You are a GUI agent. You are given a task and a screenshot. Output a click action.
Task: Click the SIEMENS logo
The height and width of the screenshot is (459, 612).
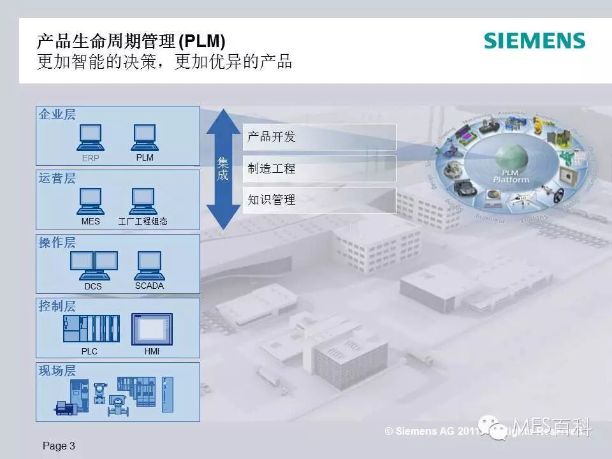tap(534, 41)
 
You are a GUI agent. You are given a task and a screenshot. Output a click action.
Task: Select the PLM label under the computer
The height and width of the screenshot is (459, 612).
tap(145, 157)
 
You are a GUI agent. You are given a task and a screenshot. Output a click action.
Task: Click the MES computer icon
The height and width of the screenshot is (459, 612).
tap(91, 201)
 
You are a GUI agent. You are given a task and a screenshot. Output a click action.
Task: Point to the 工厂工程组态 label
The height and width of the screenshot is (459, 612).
tap(143, 222)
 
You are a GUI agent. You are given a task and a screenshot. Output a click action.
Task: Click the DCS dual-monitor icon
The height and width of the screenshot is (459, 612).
tap(93, 265)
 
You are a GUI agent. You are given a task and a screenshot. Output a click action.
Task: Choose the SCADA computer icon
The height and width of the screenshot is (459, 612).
tap(149, 265)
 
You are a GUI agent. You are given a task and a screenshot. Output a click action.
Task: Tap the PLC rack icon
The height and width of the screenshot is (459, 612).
tap(91, 329)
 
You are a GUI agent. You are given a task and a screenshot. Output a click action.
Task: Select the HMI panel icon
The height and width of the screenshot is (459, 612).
tap(152, 329)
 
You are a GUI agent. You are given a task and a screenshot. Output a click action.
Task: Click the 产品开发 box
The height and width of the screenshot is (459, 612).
tap(319, 137)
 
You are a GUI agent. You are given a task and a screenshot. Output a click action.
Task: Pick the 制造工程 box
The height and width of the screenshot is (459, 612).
tap(319, 169)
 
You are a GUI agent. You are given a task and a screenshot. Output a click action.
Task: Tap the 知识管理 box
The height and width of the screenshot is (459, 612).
tap(319, 200)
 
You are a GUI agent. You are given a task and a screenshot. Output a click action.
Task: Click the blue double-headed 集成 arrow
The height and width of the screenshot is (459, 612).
tap(222, 169)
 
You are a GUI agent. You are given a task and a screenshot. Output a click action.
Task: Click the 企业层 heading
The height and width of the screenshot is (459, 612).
tap(57, 115)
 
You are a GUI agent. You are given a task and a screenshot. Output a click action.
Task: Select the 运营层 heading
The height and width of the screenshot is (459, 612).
tap(57, 178)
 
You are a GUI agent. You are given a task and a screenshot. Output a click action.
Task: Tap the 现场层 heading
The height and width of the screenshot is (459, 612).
tap(57, 370)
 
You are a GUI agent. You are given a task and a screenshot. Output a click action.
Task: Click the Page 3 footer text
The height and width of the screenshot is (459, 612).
tap(59, 446)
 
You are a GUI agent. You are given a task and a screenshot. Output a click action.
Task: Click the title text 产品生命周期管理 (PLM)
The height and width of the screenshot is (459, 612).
tap(131, 43)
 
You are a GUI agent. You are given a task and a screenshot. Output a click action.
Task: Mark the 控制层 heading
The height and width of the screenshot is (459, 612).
tap(57, 306)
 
